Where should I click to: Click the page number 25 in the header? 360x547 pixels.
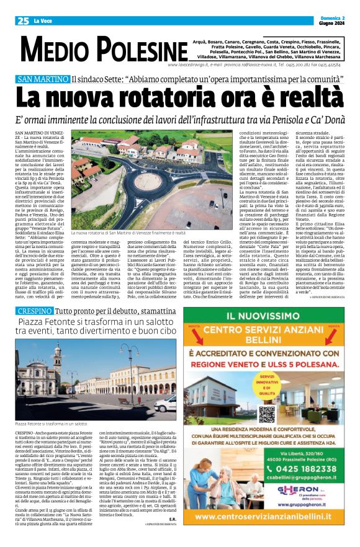(x=22, y=20)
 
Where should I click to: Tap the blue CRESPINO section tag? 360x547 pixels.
(x=34, y=309)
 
